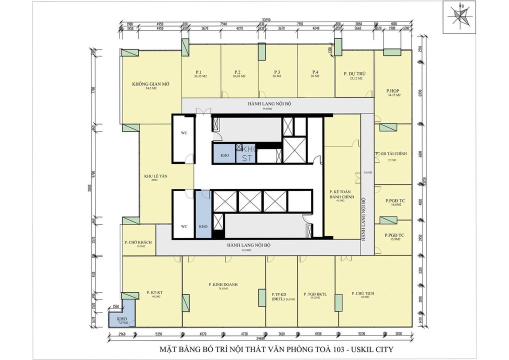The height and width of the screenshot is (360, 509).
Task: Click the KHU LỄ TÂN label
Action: (x=155, y=176)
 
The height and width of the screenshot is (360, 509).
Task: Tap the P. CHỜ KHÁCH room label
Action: (x=138, y=242)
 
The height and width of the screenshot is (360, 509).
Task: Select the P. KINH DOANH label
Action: (x=223, y=284)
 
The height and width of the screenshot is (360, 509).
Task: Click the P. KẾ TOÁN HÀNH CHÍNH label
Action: (x=341, y=195)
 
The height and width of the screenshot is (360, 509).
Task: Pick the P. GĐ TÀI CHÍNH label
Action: (x=392, y=154)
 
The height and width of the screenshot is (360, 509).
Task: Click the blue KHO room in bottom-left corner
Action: (x=121, y=319)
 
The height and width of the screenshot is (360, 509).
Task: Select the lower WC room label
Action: (x=184, y=226)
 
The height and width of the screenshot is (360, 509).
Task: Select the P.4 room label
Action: (x=315, y=72)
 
